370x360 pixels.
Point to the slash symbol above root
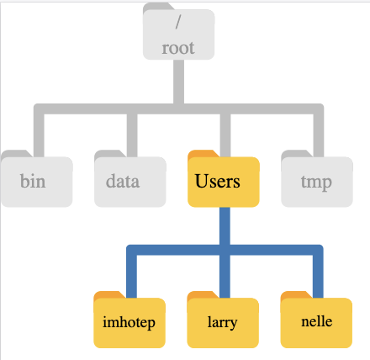click(178, 22)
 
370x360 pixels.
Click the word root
click(178, 48)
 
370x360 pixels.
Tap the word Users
click(218, 181)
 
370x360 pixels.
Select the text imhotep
click(129, 322)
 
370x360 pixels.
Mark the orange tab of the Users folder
click(203, 154)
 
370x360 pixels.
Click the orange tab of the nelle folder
click(296, 295)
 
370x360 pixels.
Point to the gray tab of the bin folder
click(17, 154)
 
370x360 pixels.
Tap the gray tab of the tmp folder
click(297, 154)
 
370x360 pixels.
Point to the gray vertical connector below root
click(178, 82)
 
